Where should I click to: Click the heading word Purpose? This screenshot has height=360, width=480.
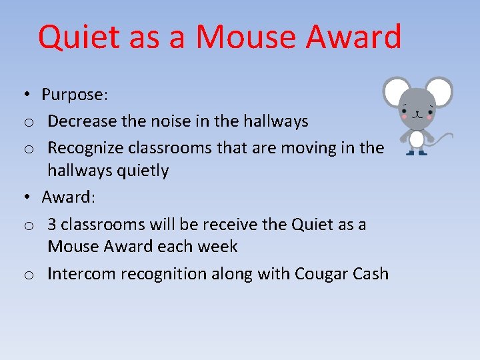pos(74,95)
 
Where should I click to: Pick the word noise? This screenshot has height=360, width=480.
pos(165,121)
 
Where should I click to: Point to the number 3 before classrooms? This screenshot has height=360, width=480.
pos(52,224)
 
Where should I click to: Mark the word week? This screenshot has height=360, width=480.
pos(218,247)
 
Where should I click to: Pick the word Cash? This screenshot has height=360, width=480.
pos(370,274)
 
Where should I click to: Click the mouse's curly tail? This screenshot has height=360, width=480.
pos(443,138)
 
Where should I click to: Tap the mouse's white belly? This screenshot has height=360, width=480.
pos(417,139)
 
